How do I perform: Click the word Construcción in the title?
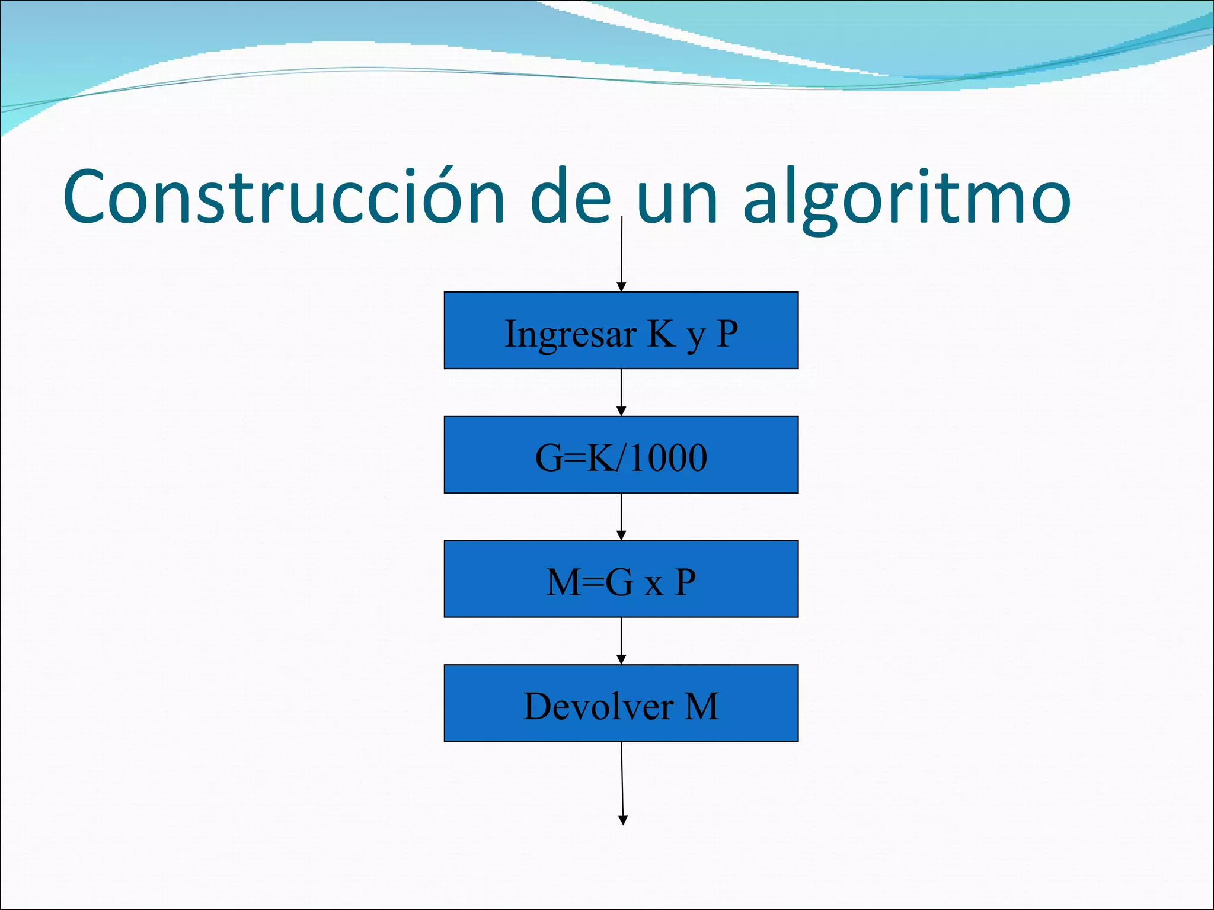(283, 197)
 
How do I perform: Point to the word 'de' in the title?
(570, 197)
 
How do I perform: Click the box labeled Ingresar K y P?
(621, 331)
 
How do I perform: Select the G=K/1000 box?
(621, 455)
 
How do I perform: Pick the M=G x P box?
(621, 579)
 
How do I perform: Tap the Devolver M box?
(621, 703)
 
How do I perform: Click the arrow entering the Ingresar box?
(621, 255)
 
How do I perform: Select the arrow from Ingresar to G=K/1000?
(621, 392)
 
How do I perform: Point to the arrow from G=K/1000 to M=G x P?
(621, 517)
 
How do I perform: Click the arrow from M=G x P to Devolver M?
(621, 641)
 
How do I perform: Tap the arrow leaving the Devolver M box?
(622, 782)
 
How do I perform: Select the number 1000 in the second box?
(668, 458)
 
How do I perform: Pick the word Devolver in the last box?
(599, 706)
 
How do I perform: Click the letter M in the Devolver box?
(702, 706)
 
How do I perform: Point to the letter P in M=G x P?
(685, 582)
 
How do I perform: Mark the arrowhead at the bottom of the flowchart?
(623, 820)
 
